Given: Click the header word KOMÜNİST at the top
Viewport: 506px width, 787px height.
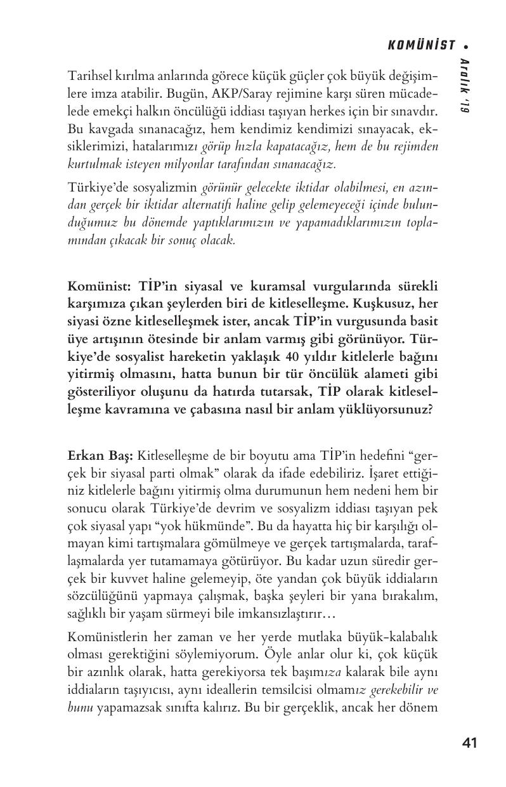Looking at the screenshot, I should point(422,44).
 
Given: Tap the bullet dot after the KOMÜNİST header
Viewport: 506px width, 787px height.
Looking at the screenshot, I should point(466,45).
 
